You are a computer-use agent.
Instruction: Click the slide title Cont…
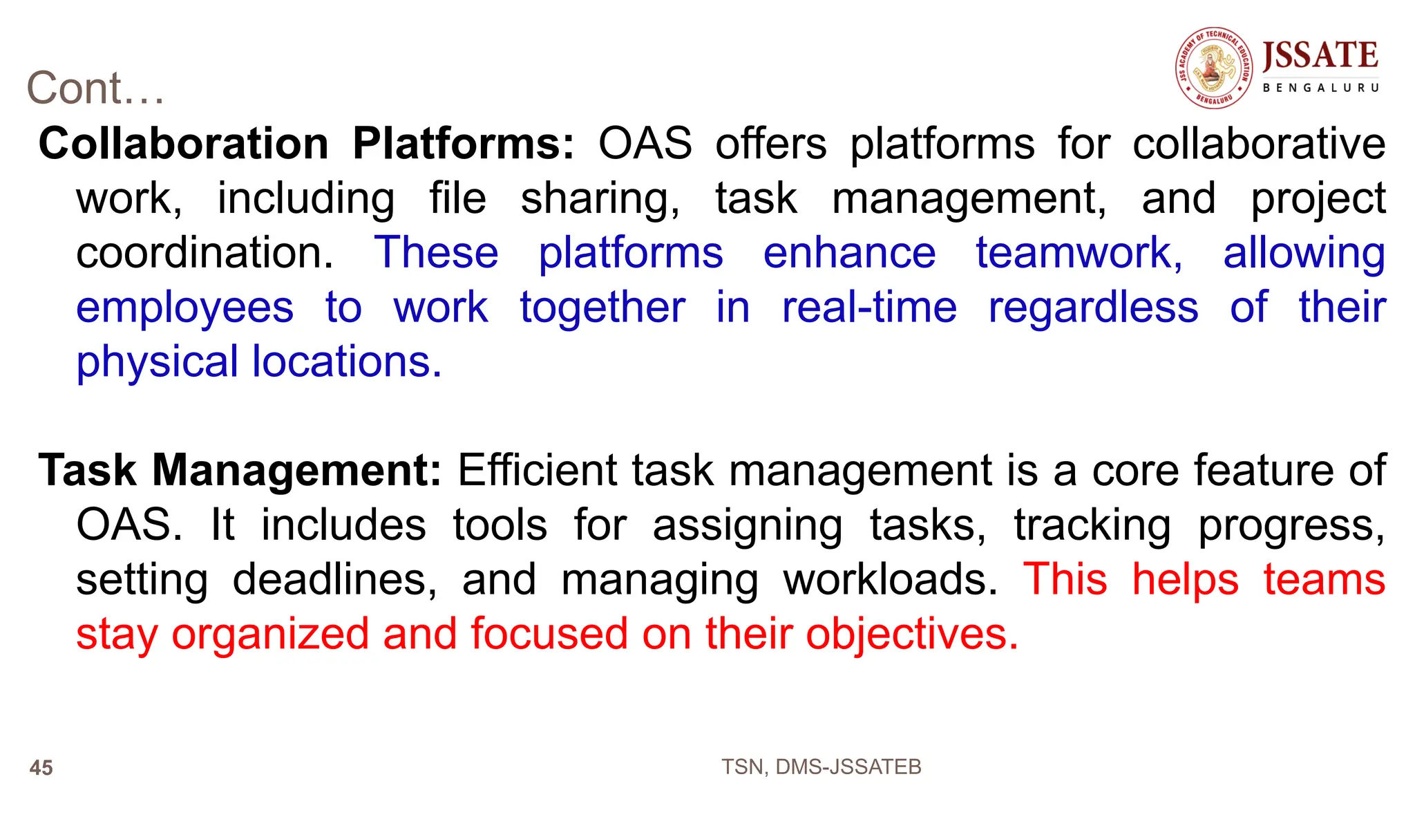pyautogui.click(x=95, y=88)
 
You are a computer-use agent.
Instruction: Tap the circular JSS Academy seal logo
pyautogui.click(x=1214, y=68)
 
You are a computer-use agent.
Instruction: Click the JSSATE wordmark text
pyautogui.click(x=1320, y=56)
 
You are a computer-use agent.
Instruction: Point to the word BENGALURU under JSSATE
pyautogui.click(x=1320, y=88)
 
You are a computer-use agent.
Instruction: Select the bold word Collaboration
pyautogui.click(x=183, y=144)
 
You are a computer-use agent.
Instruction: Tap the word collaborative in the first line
pyautogui.click(x=1259, y=144)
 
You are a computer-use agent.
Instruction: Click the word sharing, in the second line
pyautogui.click(x=600, y=199)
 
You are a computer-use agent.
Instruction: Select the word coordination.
pyautogui.click(x=205, y=253)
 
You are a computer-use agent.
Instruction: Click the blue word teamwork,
pyautogui.click(x=1079, y=253)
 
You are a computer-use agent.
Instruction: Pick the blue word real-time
pyautogui.click(x=869, y=308)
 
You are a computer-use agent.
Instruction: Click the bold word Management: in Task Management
pyautogui.click(x=296, y=471)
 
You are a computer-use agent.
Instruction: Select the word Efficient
pyautogui.click(x=537, y=471)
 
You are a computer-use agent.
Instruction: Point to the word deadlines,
pyautogui.click(x=334, y=579)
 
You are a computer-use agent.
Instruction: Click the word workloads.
pyautogui.click(x=890, y=579)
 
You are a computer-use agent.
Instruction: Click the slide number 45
pyautogui.click(x=41, y=768)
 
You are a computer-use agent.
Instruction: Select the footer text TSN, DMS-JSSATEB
pyautogui.click(x=821, y=767)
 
